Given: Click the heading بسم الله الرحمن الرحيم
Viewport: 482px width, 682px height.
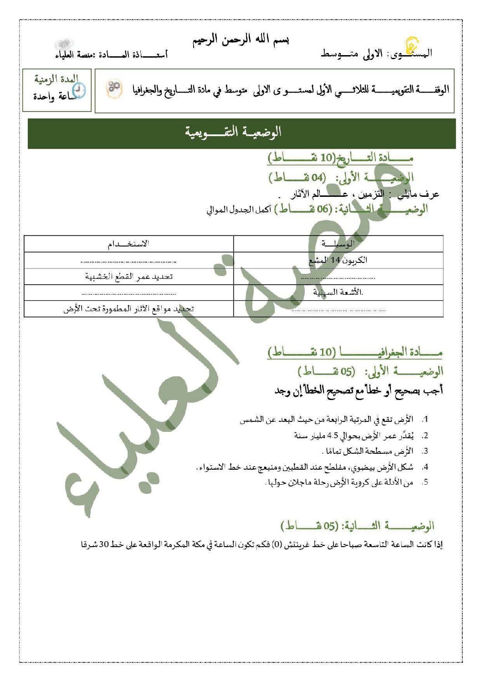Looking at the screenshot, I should point(241,40).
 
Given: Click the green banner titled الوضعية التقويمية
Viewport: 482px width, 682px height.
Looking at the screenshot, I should point(241,133).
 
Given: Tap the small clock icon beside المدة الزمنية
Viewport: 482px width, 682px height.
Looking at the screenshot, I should point(79,90).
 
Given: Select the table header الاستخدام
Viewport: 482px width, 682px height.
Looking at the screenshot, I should point(128,244).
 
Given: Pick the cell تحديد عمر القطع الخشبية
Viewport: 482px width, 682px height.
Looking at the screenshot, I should point(129,277).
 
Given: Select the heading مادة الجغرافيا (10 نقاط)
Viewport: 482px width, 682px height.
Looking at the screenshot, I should point(355,352).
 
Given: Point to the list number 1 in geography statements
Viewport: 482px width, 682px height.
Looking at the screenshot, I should point(425,419).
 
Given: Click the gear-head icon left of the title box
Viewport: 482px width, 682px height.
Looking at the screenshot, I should point(114,88).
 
